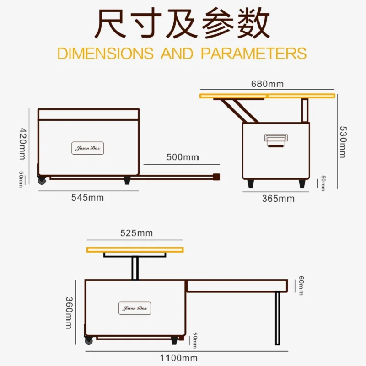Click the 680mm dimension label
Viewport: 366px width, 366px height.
pyautogui.click(x=267, y=84)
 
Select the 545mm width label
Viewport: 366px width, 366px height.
pyautogui.click(x=87, y=198)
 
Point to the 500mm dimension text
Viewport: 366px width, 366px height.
pyautogui.click(x=182, y=157)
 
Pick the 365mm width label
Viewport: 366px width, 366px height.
pyautogui.click(x=278, y=198)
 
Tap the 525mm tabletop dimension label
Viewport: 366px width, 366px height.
pyautogui.click(x=136, y=233)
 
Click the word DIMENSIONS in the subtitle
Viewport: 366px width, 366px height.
pyautogui.click(x=105, y=53)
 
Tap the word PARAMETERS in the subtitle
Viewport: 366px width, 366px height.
pyautogui.click(x=253, y=53)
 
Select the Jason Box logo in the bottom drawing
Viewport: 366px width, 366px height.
pyautogui.click(x=135, y=308)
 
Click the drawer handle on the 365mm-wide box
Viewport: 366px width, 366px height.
pyautogui.click(x=275, y=140)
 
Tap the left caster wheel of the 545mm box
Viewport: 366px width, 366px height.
pyautogui.click(x=42, y=180)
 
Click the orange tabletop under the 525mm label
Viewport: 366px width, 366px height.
pyautogui.click(x=135, y=249)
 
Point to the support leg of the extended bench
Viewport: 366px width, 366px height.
pyautogui.click(x=277, y=318)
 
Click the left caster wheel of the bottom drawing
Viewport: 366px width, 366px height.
pyautogui.click(x=89, y=340)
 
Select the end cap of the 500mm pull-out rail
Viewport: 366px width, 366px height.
pyautogui.click(x=216, y=177)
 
